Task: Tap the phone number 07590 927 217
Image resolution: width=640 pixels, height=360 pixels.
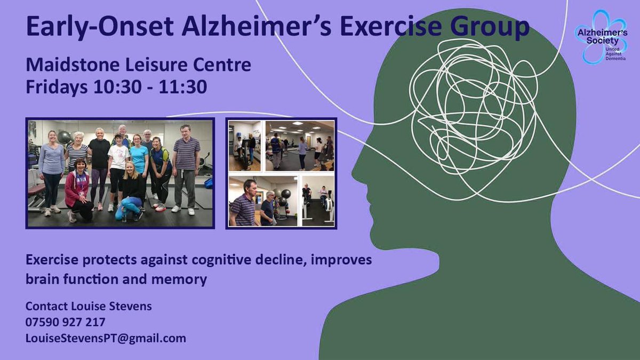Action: (x=65, y=322)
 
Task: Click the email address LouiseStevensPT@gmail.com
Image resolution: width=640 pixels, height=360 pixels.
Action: (x=106, y=338)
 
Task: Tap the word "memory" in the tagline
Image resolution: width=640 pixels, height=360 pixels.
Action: (x=185, y=279)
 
